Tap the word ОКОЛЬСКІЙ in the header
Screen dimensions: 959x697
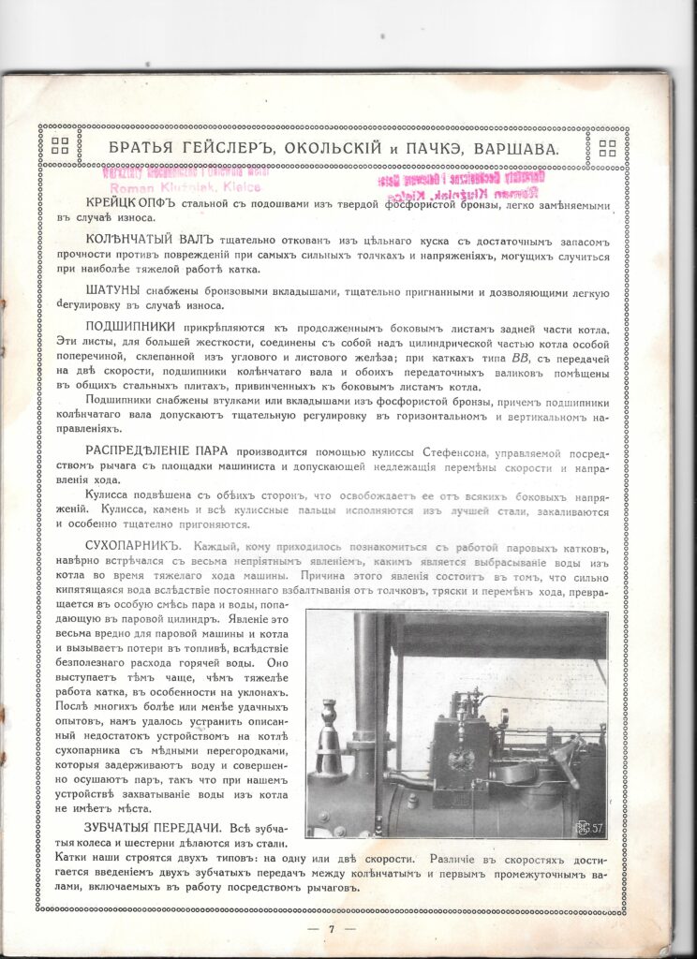click(333, 147)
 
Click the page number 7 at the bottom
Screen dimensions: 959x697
click(332, 929)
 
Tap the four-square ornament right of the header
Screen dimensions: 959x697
click(606, 146)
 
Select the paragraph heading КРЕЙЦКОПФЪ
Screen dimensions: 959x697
click(128, 203)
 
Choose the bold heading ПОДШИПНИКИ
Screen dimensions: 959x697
click(134, 326)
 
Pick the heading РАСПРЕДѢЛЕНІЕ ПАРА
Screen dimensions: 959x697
click(156, 450)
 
